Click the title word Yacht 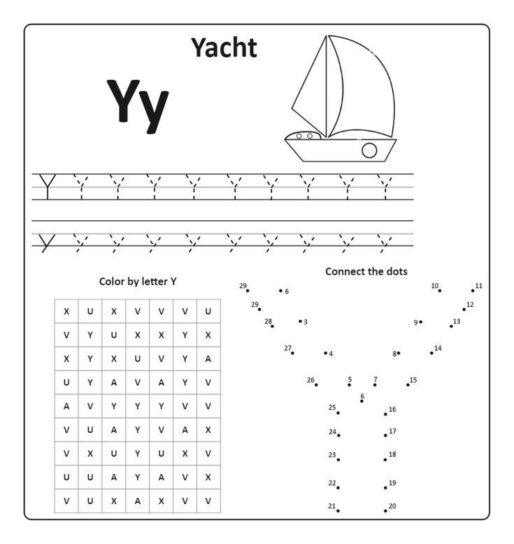pyautogui.click(x=224, y=48)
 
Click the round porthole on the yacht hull pyautogui.click(x=369, y=150)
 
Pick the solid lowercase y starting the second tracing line pyautogui.click(x=47, y=243)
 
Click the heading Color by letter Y pyautogui.click(x=138, y=281)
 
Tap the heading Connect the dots pyautogui.click(x=366, y=271)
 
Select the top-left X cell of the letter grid pyautogui.click(x=66, y=311)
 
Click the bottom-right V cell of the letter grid pyautogui.click(x=208, y=501)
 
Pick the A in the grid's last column pyautogui.click(x=208, y=359)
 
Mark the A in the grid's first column pyautogui.click(x=66, y=406)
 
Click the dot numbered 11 pyautogui.click(x=473, y=291)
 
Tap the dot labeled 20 pyautogui.click(x=385, y=510)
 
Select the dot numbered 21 pyautogui.click(x=338, y=510)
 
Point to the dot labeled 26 pyautogui.click(x=316, y=385)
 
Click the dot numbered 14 pyautogui.click(x=431, y=353)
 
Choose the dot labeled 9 pyautogui.click(x=421, y=322)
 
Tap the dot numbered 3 pyautogui.click(x=300, y=322)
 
